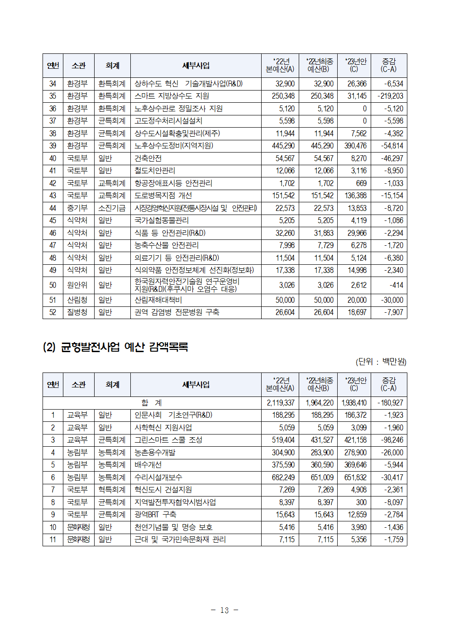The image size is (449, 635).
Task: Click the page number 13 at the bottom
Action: pos(224,610)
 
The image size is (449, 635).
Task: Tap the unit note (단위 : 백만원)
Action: pos(381,362)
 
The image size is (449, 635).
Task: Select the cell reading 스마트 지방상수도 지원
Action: pos(172,96)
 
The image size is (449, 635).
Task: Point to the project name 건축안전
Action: pos(148,158)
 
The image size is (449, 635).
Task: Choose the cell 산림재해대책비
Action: pos(158,300)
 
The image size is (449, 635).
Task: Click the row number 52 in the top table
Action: pos(53,312)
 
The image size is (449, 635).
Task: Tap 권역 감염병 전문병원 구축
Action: pos(177,312)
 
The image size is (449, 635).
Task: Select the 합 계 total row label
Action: pos(152,403)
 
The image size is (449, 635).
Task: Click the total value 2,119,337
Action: pos(281,403)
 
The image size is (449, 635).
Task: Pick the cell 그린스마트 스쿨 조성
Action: pos(168,440)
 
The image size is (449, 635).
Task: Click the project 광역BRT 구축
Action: pos(155,515)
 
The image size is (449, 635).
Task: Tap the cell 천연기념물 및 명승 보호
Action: pos(173,527)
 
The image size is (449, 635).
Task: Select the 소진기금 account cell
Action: pos(112,208)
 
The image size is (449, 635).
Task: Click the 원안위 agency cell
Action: pos(77,285)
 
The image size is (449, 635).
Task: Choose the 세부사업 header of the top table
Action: pos(196,66)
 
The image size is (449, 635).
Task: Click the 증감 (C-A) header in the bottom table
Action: pos(388,384)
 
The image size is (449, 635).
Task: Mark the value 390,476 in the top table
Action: pos(355,146)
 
